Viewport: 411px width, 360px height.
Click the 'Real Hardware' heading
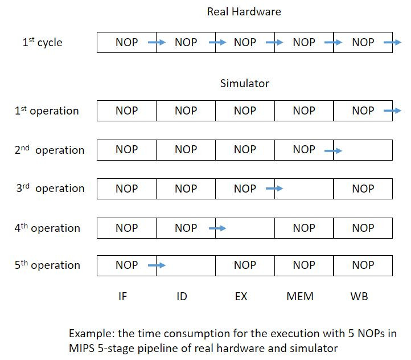(244, 11)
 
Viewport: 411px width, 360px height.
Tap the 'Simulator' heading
(244, 84)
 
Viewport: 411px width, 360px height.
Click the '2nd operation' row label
(50, 150)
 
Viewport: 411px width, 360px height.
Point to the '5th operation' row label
(47, 265)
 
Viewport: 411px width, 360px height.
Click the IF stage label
(122, 297)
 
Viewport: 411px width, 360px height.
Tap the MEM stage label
(301, 297)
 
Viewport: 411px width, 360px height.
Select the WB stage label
(359, 297)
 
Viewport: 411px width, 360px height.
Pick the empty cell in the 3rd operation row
(304, 189)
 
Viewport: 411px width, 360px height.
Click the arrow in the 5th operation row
(157, 265)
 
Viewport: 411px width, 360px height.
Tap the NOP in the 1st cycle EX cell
(245, 43)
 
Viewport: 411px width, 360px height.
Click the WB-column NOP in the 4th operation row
(363, 228)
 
